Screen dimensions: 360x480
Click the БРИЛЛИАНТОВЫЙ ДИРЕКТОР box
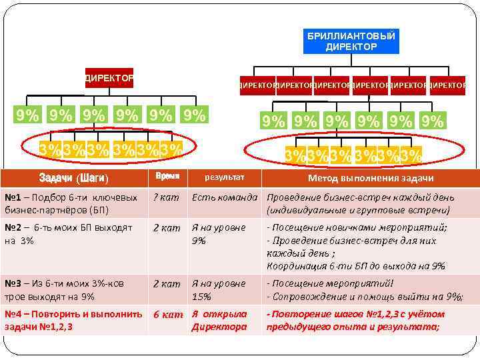pyautogui.click(x=351, y=41)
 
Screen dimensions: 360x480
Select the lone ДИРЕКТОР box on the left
pyautogui.click(x=109, y=78)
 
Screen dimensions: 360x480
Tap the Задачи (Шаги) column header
pyautogui.click(x=73, y=178)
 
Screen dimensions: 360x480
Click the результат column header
pyautogui.click(x=224, y=178)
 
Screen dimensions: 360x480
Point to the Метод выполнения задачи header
pyautogui.click(x=370, y=178)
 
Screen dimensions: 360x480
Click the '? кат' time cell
pyautogui.click(x=166, y=197)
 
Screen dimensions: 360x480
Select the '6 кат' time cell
pyautogui.click(x=167, y=314)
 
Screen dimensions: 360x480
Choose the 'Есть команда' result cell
pyautogui.click(x=225, y=197)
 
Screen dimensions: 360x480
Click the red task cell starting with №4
pyautogui.click(x=73, y=320)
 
